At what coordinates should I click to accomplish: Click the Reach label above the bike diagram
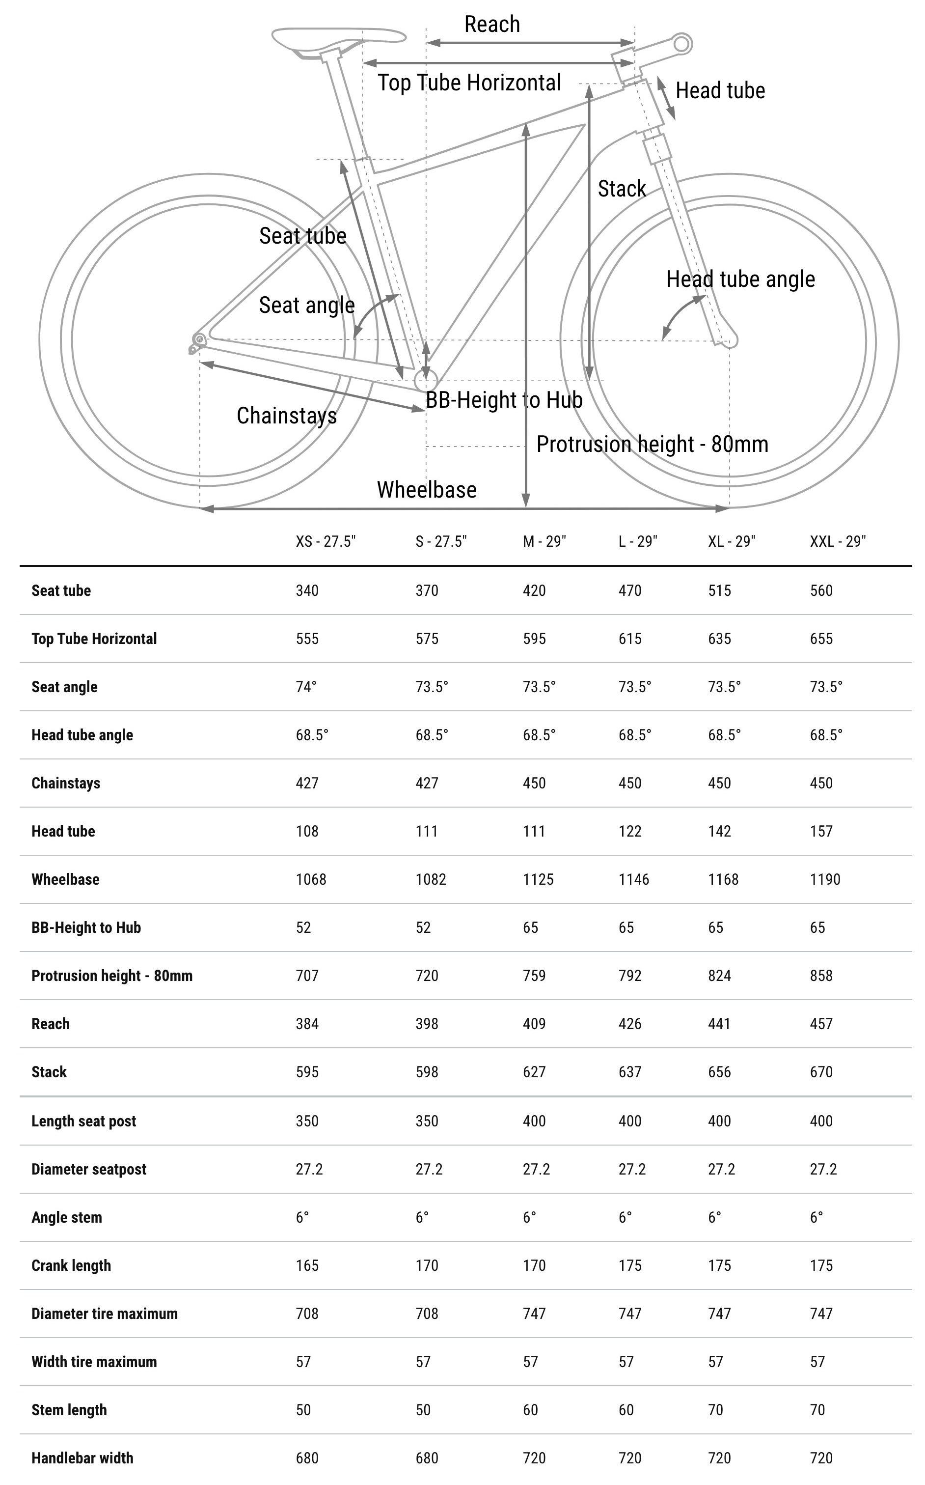click(x=492, y=25)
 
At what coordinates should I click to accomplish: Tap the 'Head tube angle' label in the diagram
click(x=740, y=279)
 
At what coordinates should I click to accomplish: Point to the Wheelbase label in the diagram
click(x=426, y=490)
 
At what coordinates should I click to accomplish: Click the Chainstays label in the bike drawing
click(x=286, y=416)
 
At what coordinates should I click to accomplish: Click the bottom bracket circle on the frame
click(x=426, y=380)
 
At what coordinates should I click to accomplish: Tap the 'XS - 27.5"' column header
click(x=326, y=541)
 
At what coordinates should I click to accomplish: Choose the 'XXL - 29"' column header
click(x=838, y=541)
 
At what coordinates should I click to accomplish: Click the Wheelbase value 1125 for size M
click(x=538, y=880)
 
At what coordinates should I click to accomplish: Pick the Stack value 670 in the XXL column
click(x=821, y=1072)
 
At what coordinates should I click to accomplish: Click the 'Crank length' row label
click(x=71, y=1265)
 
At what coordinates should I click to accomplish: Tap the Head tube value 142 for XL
click(x=719, y=831)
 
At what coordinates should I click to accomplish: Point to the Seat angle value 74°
click(x=306, y=687)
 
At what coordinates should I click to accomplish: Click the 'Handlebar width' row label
click(x=82, y=1458)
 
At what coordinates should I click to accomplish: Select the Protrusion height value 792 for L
click(x=629, y=976)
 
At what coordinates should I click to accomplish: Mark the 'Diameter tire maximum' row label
click(x=105, y=1314)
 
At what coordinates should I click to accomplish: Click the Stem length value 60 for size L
click(x=626, y=1410)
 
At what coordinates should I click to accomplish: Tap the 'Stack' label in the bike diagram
click(x=622, y=189)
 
